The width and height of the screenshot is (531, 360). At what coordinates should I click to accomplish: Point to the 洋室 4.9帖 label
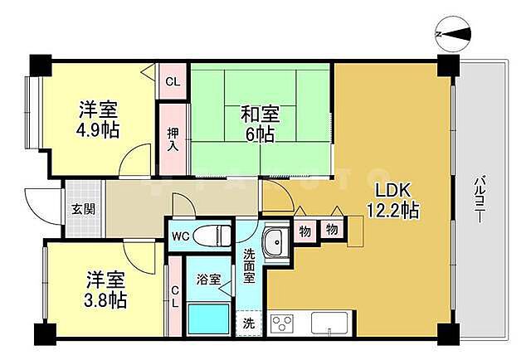pos(98,119)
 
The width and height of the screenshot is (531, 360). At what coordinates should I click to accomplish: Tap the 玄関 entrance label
pos(83,208)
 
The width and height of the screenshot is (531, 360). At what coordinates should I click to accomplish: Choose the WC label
pos(182,236)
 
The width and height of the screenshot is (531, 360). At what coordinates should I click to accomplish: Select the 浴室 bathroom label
pos(208,280)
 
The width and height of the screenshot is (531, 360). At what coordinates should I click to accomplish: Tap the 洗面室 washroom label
pos(249,266)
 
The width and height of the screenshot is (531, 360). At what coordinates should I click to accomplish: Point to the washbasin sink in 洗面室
pos(275,241)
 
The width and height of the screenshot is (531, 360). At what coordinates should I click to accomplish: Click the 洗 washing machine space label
pos(248,323)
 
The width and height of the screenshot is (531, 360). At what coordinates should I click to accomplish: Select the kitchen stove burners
pos(282,322)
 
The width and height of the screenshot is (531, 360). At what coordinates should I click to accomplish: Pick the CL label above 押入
pos(173,81)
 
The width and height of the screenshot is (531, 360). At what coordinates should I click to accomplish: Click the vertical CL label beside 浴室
pos(174,296)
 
